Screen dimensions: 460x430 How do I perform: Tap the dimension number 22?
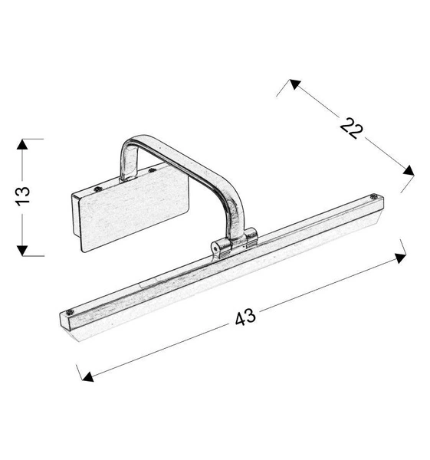[352, 127]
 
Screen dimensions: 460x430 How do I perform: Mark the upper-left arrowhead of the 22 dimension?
[293, 84]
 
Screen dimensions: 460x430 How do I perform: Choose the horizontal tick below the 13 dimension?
[25, 254]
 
